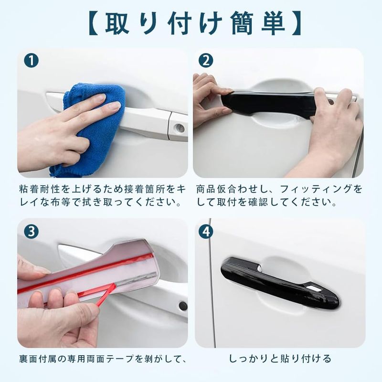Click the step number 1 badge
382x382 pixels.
(x=31, y=61)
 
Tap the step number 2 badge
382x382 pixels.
(x=206, y=61)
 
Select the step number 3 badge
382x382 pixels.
(x=31, y=232)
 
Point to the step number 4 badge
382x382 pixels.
(x=206, y=232)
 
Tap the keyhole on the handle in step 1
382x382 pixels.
(x=180, y=127)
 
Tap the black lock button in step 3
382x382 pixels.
(x=183, y=306)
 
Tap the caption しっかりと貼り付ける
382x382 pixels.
(x=280, y=359)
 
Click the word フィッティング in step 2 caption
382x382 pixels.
(x=316, y=189)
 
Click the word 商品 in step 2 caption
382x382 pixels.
(x=206, y=189)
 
